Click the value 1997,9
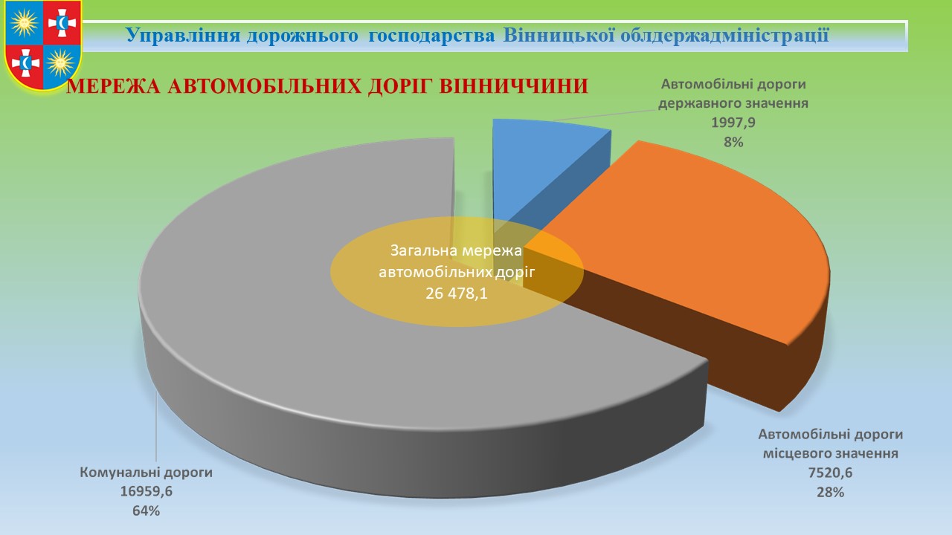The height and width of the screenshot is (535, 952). pyautogui.click(x=733, y=123)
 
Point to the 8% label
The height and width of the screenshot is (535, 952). pyautogui.click(x=733, y=142)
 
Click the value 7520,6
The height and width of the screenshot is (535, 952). pyautogui.click(x=830, y=473)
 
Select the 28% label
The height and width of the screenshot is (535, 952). pyautogui.click(x=830, y=492)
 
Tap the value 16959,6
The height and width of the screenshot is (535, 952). pyautogui.click(x=147, y=491)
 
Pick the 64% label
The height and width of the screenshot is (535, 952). pyautogui.click(x=146, y=510)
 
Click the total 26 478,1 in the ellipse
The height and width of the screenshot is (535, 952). pyautogui.click(x=457, y=293)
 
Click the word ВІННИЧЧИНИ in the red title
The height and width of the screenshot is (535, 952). pyautogui.click(x=513, y=86)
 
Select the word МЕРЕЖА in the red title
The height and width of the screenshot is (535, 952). pyautogui.click(x=114, y=87)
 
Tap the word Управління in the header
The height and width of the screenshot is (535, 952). pyautogui.click(x=182, y=35)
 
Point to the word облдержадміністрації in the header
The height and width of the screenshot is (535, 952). pyautogui.click(x=724, y=34)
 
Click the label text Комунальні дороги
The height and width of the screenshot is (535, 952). pyautogui.click(x=147, y=472)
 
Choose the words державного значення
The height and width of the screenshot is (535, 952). pyautogui.click(x=733, y=103)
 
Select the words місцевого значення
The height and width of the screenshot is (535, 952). pyautogui.click(x=831, y=453)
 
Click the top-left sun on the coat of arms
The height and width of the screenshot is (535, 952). pyautogui.click(x=25, y=22)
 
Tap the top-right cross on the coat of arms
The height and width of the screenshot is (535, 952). pyautogui.click(x=62, y=22)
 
